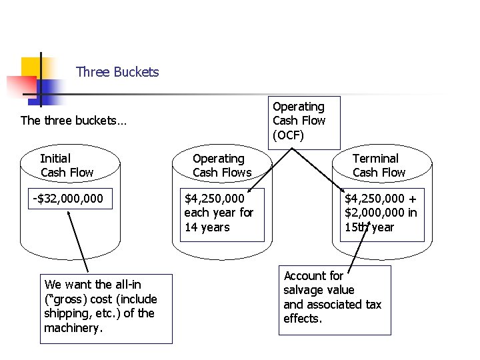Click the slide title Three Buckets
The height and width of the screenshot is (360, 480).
117,72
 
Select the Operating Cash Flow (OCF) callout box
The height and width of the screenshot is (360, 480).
306,121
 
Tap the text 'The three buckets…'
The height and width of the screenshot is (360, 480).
74,121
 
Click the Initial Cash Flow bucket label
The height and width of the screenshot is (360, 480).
67,165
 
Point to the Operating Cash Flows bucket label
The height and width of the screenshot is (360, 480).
222,165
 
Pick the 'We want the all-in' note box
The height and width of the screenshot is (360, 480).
105,308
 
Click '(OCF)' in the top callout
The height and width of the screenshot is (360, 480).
289,135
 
